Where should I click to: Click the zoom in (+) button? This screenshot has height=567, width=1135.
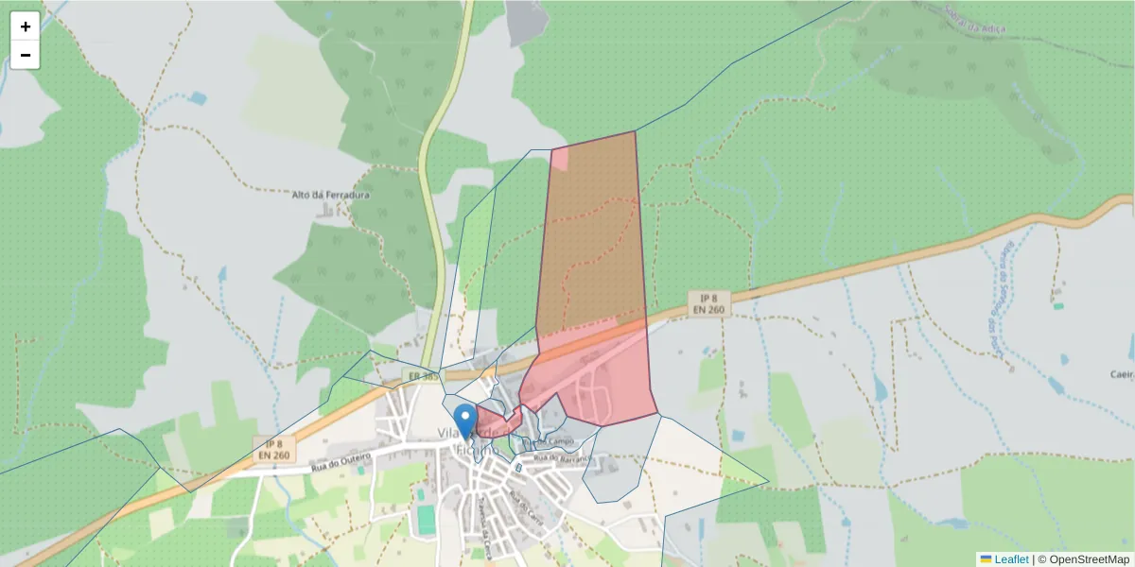click(x=26, y=26)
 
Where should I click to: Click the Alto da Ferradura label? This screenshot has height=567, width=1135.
click(x=330, y=196)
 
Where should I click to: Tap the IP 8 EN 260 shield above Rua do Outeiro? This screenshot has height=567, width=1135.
click(x=274, y=449)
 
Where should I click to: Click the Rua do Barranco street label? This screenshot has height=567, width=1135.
click(x=561, y=458)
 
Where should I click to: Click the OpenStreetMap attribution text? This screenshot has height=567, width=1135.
click(x=1089, y=559)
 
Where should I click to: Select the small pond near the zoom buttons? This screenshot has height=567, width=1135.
click(x=197, y=97)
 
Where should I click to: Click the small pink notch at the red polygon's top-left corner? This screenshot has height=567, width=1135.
click(x=559, y=158)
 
